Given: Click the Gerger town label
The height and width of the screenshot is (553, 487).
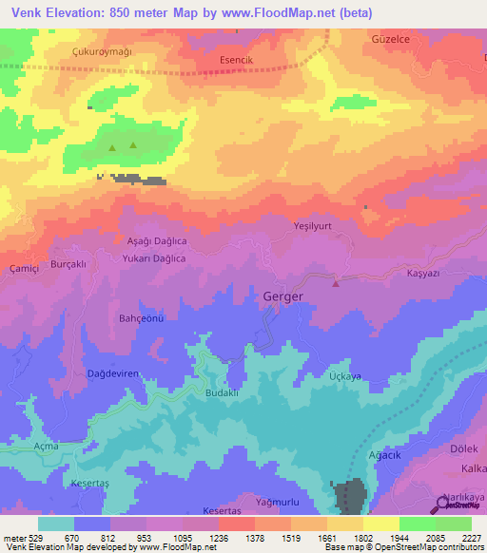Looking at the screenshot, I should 282,296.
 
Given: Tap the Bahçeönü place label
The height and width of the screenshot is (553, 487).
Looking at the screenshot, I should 142,318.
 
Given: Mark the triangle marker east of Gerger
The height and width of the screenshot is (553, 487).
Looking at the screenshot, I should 335,282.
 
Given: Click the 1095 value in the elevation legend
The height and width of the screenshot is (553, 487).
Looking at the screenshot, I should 181,538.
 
